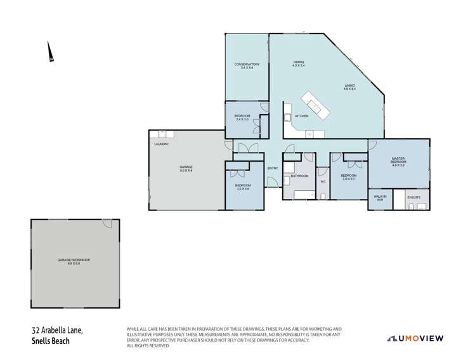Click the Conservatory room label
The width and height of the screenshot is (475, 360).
point(247,64)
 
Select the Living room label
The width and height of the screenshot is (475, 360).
point(349,87)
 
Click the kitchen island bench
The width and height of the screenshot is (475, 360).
point(315,106)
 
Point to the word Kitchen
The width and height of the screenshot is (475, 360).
point(301,117)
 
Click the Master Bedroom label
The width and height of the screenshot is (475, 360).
point(398,160)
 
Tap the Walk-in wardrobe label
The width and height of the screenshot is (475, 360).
point(380,198)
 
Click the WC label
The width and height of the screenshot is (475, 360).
point(322,181)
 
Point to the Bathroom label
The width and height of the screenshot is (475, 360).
point(300,176)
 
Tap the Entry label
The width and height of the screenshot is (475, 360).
point(273,168)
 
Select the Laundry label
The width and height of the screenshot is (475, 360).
point(161,145)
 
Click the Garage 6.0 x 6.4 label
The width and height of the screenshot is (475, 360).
point(185,169)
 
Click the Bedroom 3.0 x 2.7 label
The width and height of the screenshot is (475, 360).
point(348,177)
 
